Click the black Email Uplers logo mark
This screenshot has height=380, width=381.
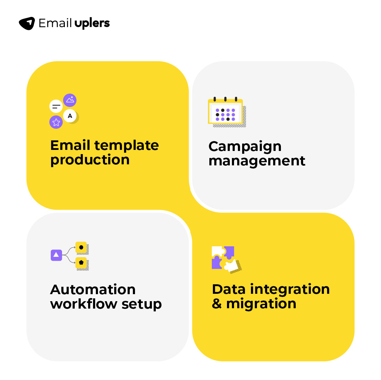[x=27, y=23]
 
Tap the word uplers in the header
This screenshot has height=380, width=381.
[x=92, y=24]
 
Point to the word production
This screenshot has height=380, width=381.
[x=90, y=160]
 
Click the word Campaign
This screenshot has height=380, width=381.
[x=245, y=146]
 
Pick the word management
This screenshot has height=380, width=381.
[x=257, y=161]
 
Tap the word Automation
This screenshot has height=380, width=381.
[x=93, y=290]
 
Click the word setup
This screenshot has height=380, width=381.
[x=142, y=304]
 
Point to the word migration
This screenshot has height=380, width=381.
[x=261, y=303]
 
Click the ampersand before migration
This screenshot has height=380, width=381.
[x=217, y=304]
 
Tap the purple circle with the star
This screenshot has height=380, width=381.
[x=56, y=122]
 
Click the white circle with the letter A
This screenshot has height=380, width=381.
[x=70, y=116]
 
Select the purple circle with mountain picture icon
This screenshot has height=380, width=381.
[x=70, y=100]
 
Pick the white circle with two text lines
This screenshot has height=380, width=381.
[x=56, y=106]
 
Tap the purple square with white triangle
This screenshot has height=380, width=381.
[x=56, y=255]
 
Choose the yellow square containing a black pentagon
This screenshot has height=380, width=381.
[x=81, y=262]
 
